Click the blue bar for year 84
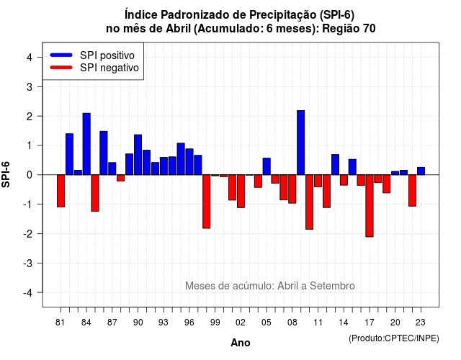pyautogui.click(x=86, y=144)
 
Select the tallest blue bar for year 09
pyautogui.click(x=301, y=143)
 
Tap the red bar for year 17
pyautogui.click(x=370, y=206)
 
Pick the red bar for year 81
pyautogui.click(x=61, y=191)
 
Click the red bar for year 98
pyautogui.click(x=207, y=202)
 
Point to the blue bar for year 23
pyautogui.click(x=421, y=171)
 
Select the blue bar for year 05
pyautogui.click(x=267, y=166)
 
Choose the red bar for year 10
pyautogui.click(x=309, y=202)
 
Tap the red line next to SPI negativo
pyautogui.click(x=61, y=68)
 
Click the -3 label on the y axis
pyautogui.click(x=28, y=263)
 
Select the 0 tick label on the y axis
pyautogui.click(x=30, y=175)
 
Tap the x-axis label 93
pyautogui.click(x=164, y=323)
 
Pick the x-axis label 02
pyautogui.click(x=241, y=323)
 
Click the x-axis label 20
pyautogui.click(x=395, y=323)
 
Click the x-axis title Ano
pyautogui.click(x=241, y=343)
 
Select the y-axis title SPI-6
pyautogui.click(x=6, y=174)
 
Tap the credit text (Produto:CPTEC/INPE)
pyautogui.click(x=394, y=338)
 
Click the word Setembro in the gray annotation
pyautogui.click(x=332, y=286)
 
